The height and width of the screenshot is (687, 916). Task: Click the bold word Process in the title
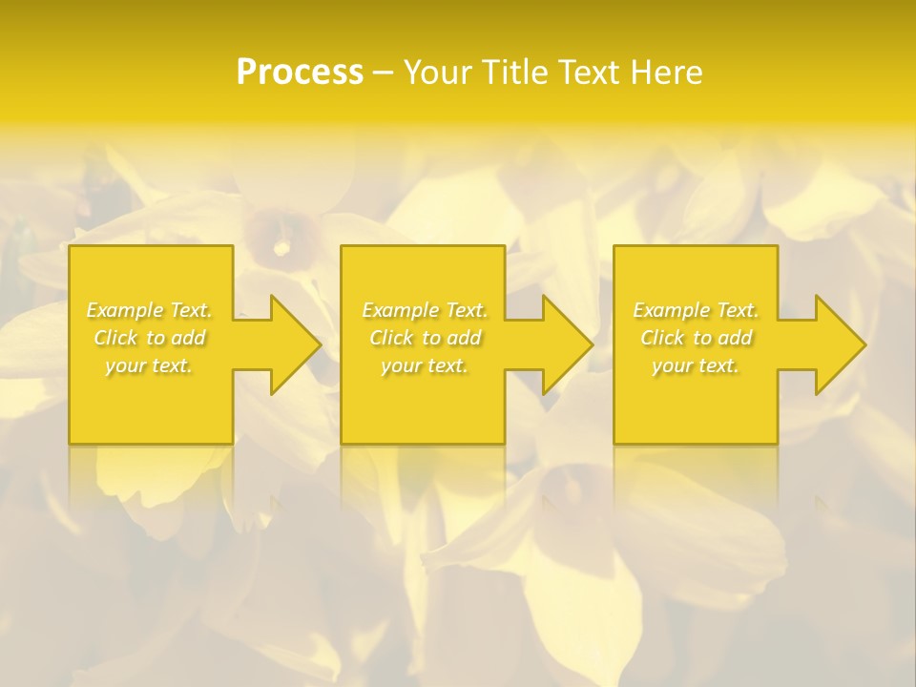tap(300, 73)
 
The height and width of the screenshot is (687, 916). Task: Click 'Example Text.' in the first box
tap(150, 310)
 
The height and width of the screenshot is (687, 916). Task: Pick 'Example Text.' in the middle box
tap(425, 310)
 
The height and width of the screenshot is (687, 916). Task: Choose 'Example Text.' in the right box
tap(696, 310)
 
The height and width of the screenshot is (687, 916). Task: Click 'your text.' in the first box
tap(149, 365)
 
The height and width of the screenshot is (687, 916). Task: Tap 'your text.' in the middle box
tap(425, 365)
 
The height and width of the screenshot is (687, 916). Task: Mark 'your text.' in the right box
tap(696, 365)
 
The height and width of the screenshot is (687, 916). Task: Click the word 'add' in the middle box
tap(464, 338)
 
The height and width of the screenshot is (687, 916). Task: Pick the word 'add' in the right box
tap(735, 338)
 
